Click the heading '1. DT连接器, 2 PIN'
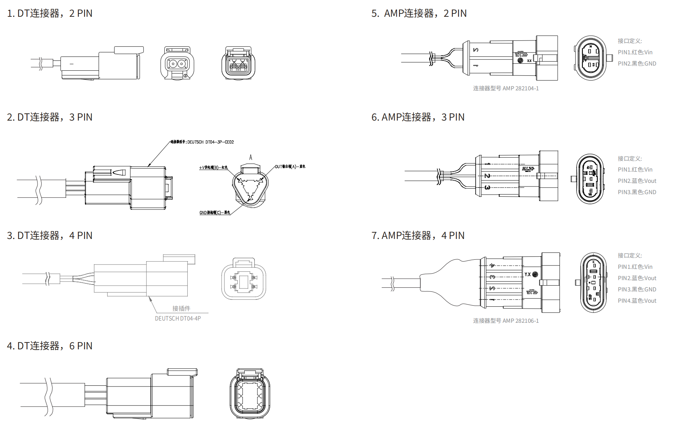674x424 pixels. pyautogui.click(x=50, y=13)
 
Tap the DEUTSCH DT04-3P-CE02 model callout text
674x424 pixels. pyautogui.click(x=202, y=142)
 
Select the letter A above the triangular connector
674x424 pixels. pyautogui.click(x=250, y=157)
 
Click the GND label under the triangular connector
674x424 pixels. pyautogui.click(x=215, y=212)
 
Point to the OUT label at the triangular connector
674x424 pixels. pyautogui.click(x=290, y=166)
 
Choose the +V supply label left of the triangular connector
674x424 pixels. pyautogui.click(x=213, y=168)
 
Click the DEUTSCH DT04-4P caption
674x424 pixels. pyautogui.click(x=178, y=318)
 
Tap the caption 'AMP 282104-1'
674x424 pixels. pyautogui.click(x=506, y=88)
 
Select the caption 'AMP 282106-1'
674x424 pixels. pyautogui.click(x=506, y=321)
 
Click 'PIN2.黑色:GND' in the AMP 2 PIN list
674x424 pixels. pyautogui.click(x=637, y=63)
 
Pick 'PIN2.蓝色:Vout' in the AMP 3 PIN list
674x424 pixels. pyautogui.click(x=637, y=181)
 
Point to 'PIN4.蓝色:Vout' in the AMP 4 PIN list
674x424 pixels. pyautogui.click(x=637, y=301)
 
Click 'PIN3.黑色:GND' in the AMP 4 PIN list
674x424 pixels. pyautogui.click(x=637, y=289)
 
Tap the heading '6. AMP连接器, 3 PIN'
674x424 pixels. pyautogui.click(x=418, y=117)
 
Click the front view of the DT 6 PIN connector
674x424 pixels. pyautogui.click(x=250, y=393)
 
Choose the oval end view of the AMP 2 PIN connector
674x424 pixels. pyautogui.click(x=591, y=58)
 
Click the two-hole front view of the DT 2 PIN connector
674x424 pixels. pyautogui.click(x=177, y=63)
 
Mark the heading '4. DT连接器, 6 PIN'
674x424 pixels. pyautogui.click(x=50, y=346)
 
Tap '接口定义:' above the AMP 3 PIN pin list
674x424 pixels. pyautogui.click(x=630, y=158)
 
